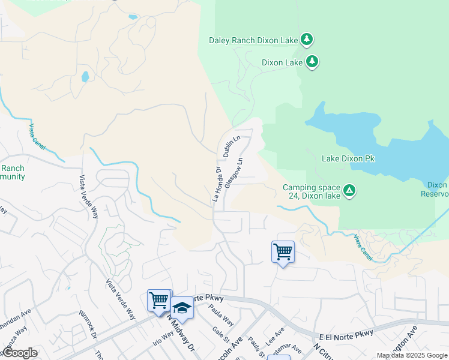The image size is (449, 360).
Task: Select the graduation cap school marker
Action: tap(182, 308)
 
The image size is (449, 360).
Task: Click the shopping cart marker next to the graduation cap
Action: tap(159, 300)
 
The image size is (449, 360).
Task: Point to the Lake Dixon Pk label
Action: tap(348, 159)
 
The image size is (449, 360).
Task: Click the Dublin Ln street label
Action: tap(232, 147)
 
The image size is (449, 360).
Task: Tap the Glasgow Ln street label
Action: tap(235, 173)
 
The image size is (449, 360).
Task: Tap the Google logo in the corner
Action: tap(19, 353)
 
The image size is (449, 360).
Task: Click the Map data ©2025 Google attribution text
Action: tap(412, 355)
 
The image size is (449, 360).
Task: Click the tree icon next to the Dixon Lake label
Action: tap(312, 62)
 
